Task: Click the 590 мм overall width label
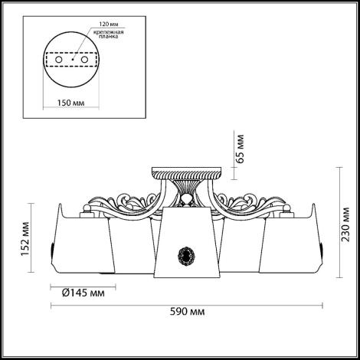click(x=187, y=312)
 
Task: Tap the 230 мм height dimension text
click(x=346, y=224)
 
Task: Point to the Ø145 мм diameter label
click(x=83, y=293)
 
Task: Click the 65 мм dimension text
click(x=240, y=149)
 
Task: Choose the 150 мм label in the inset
click(x=70, y=103)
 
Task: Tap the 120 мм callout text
click(x=109, y=25)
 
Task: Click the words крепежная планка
click(x=109, y=34)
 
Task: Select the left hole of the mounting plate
click(x=59, y=60)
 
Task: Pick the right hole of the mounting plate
click(x=84, y=60)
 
